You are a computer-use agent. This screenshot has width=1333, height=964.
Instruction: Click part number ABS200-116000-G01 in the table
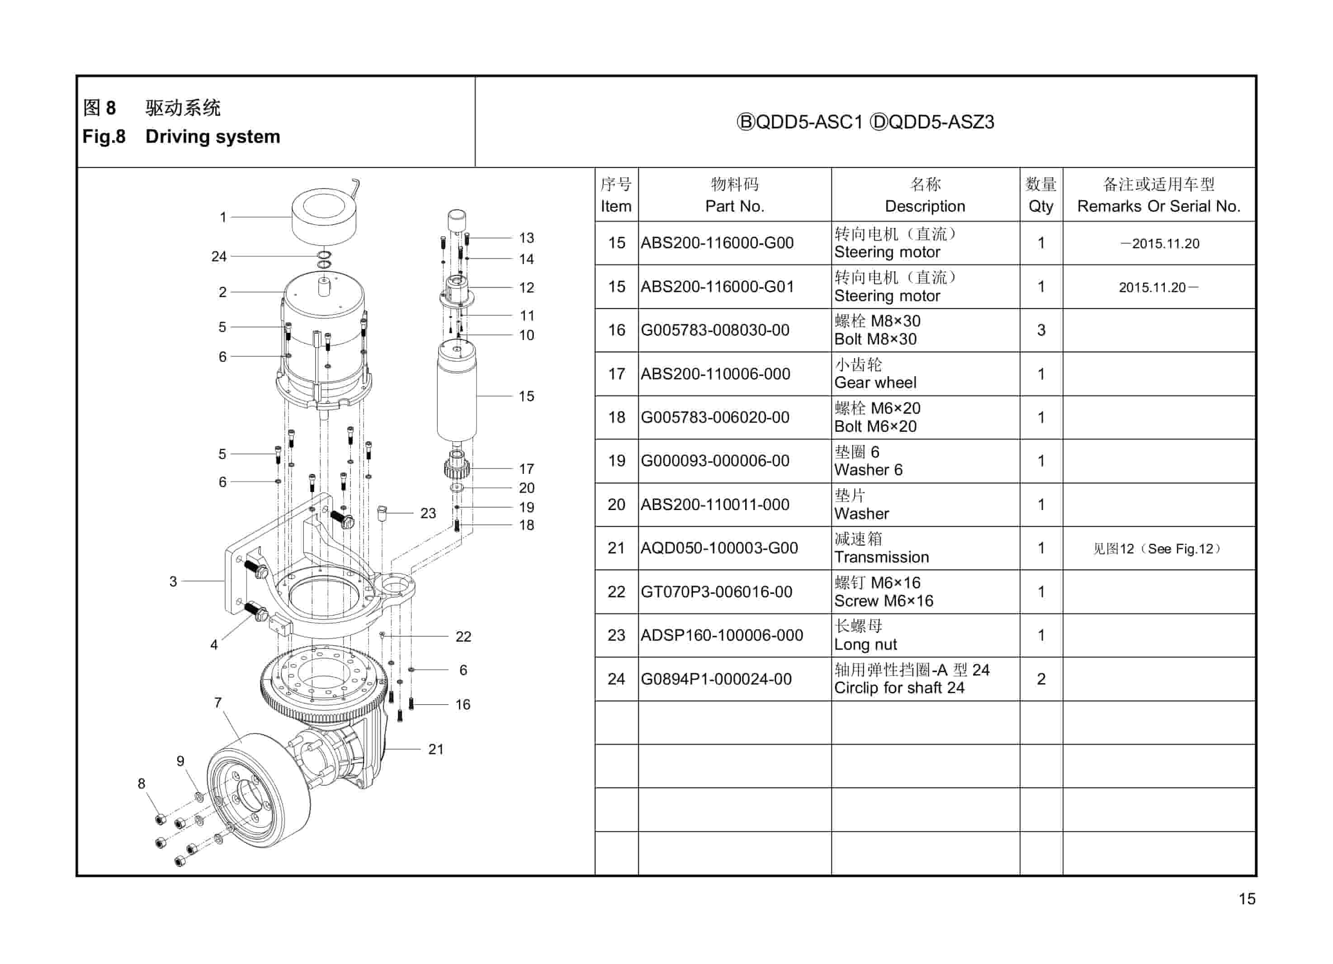point(717,287)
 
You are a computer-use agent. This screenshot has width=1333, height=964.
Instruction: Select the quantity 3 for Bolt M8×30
point(1041,331)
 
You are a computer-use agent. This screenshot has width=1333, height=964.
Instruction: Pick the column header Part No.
point(735,206)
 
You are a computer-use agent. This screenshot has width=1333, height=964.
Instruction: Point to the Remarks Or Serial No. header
point(1158,206)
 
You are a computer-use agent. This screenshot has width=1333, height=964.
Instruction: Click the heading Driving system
point(213,137)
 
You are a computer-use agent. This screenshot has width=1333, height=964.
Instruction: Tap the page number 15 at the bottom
point(1247,899)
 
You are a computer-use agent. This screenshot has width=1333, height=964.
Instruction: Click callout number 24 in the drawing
point(219,256)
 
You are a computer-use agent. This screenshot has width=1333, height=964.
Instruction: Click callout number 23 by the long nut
point(428,513)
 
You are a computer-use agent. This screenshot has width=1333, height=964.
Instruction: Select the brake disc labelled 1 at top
point(324,216)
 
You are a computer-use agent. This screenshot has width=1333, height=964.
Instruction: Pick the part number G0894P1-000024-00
point(716,679)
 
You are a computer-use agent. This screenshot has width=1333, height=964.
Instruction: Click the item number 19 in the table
point(616,461)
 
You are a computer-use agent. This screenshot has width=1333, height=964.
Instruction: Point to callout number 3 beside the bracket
point(173,581)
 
